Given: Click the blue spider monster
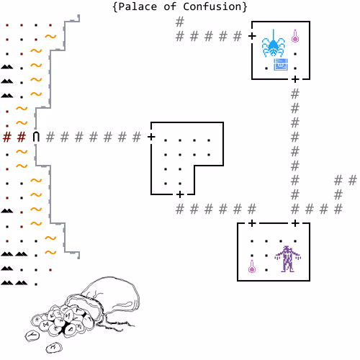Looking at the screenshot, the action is coord(274,44).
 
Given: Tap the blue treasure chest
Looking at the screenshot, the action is coord(281,64).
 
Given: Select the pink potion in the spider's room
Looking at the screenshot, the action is coord(295,36).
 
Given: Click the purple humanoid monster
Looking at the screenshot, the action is coord(288,259).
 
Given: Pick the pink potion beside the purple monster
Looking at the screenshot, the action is coord(252,266).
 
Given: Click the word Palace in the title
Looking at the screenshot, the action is coord(138,6).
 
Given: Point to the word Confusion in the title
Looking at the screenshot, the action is coord(212,6).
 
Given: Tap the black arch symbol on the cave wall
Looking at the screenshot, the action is coord(36,137).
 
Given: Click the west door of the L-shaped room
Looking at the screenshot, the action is coord(151,137).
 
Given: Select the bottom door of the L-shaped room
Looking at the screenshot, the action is coord(180,194).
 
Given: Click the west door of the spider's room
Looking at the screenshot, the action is coord(252,36).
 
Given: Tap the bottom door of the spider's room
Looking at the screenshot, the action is coord(295,79).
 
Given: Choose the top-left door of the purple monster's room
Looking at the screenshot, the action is coord(252,223).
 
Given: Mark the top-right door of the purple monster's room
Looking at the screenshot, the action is coord(295,223).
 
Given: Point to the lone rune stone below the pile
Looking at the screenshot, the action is coord(54,348).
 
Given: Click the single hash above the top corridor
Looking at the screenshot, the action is coord(180,22).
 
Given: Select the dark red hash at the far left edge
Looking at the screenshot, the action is coord(7,137).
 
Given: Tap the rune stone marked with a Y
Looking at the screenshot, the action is coord(32,335).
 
